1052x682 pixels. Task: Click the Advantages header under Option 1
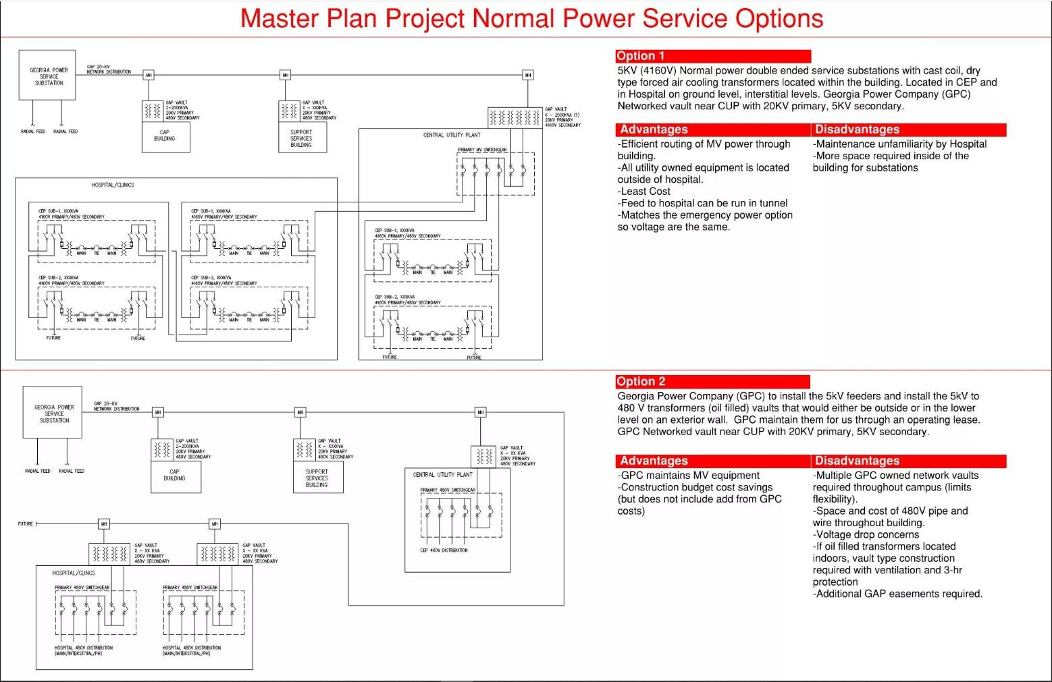(654, 130)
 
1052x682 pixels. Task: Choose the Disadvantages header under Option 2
(857, 461)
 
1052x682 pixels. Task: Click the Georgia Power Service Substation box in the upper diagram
(48, 76)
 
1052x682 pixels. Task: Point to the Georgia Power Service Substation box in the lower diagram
(53, 414)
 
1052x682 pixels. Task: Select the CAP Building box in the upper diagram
(165, 136)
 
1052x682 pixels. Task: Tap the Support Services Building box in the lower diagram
(317, 478)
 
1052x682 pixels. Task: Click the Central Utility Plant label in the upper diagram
(452, 135)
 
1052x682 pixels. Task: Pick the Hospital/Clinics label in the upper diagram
(113, 185)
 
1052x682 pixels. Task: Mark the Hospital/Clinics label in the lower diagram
(74, 573)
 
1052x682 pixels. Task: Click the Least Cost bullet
(645, 192)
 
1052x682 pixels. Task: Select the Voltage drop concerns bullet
(867, 535)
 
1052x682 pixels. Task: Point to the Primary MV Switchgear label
(482, 150)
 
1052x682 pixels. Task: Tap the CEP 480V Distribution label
(444, 550)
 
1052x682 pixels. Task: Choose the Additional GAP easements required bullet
(898, 594)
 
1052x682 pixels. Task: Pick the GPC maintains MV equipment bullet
(689, 476)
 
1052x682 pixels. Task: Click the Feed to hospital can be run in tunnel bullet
(703, 203)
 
